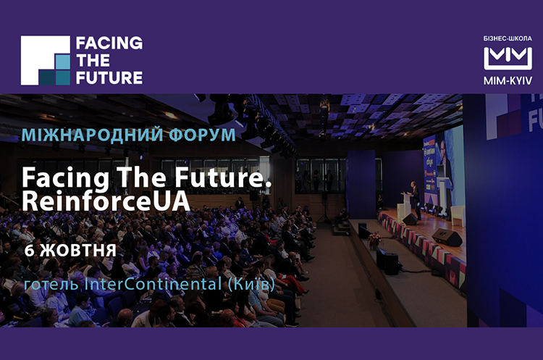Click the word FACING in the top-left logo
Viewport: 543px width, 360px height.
pyautogui.click(x=109, y=43)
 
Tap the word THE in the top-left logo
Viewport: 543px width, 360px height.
pyautogui.click(x=93, y=60)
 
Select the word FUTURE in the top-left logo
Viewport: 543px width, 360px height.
pyautogui.click(x=109, y=78)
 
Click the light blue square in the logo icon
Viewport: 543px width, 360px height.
pyautogui.click(x=62, y=62)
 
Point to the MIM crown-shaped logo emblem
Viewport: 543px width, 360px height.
pyautogui.click(x=508, y=58)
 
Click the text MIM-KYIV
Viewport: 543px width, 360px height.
pyautogui.click(x=508, y=81)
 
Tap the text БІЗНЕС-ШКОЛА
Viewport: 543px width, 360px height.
pyautogui.click(x=508, y=38)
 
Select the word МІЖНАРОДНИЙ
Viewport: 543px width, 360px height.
pyautogui.click(x=92, y=135)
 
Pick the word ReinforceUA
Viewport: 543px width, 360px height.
pyautogui.click(x=106, y=201)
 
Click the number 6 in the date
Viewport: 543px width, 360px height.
pyautogui.click(x=29, y=251)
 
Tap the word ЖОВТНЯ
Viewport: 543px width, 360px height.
pyautogui.click(x=78, y=251)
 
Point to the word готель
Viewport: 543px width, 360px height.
pyautogui.click(x=51, y=285)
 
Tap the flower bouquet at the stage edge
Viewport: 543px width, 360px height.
pyautogui.click(x=374, y=240)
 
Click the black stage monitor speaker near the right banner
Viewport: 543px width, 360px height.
pyautogui.click(x=447, y=238)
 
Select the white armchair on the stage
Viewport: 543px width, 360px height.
pyautogui.click(x=458, y=216)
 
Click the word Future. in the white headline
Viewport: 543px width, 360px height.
pyautogui.click(x=223, y=177)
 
